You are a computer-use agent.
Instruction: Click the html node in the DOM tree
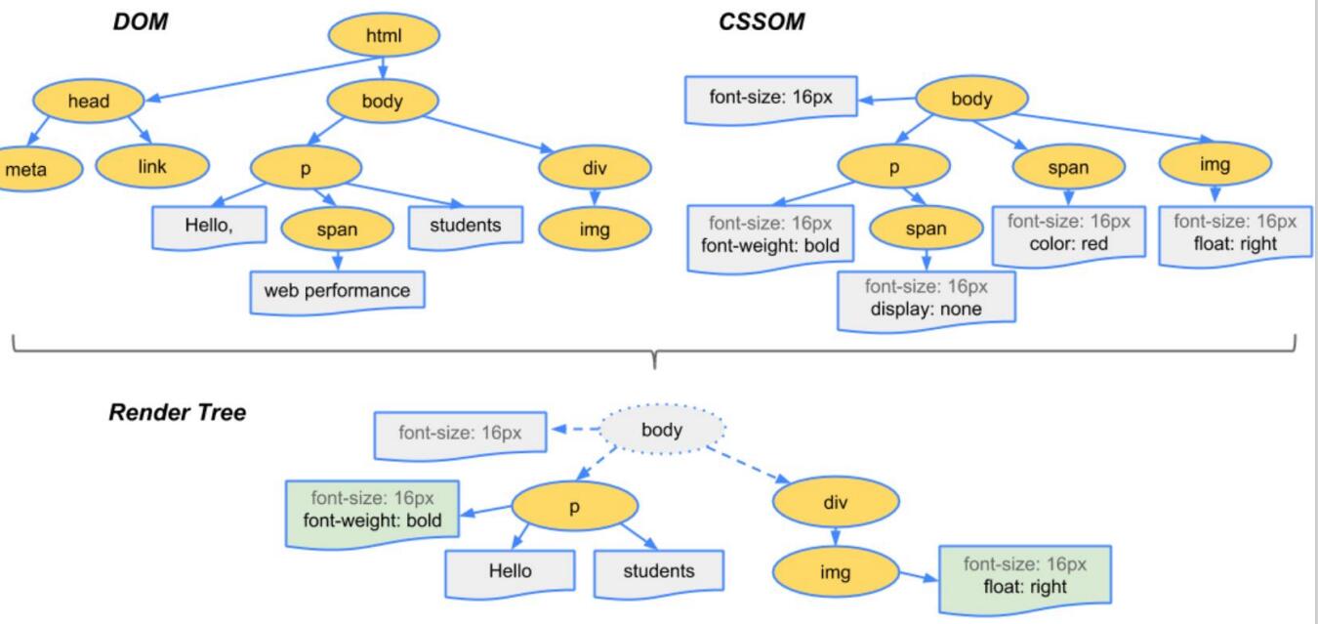[x=384, y=37]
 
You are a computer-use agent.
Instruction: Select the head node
[x=88, y=101]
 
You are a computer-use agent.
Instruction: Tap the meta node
[x=26, y=169]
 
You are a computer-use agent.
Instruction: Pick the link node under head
[x=152, y=167]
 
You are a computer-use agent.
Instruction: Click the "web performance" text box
[x=337, y=290]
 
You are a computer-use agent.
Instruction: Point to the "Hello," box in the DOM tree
[x=210, y=226]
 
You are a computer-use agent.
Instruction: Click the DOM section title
[x=141, y=22]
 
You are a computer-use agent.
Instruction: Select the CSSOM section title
[x=762, y=22]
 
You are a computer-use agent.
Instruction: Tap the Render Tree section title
[x=177, y=412]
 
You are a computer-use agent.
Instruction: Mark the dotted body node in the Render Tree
[x=662, y=430]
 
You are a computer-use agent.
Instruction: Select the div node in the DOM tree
[x=594, y=168]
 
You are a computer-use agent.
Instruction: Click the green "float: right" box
[x=1024, y=575]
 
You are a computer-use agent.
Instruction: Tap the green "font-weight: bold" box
[x=372, y=510]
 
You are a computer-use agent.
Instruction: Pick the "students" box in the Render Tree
[x=659, y=570]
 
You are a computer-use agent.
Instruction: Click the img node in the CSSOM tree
[x=1215, y=165]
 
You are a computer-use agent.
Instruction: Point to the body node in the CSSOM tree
[x=970, y=99]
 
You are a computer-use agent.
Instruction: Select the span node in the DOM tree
[x=337, y=230]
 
